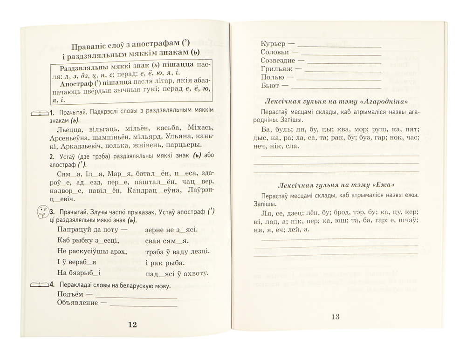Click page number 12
point(132,325)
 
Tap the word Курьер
point(271,44)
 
